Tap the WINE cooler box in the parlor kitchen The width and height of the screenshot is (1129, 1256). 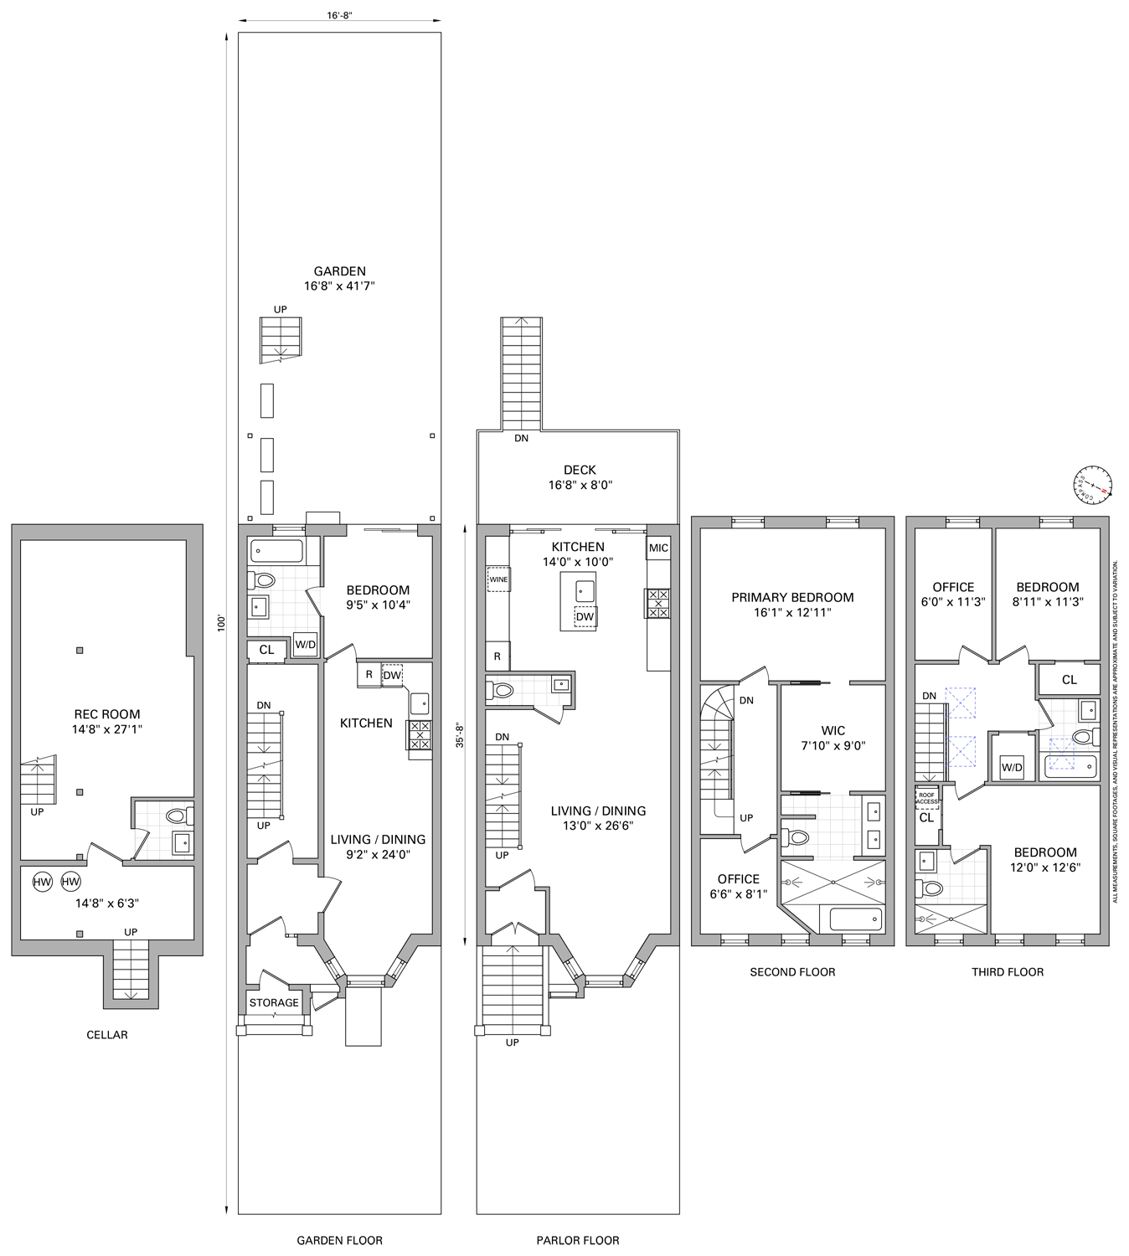click(498, 579)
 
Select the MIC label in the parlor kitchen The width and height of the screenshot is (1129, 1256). click(658, 548)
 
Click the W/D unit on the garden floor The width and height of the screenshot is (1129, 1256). click(305, 644)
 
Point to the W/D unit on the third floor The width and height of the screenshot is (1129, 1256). click(1012, 766)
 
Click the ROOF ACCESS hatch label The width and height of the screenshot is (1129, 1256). click(926, 797)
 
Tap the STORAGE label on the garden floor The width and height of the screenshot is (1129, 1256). click(274, 1002)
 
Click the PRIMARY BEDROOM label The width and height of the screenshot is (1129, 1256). click(792, 597)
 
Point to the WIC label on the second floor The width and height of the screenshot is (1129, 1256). click(833, 730)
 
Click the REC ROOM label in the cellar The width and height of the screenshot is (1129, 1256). click(107, 714)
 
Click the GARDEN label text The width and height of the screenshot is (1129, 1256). click(339, 271)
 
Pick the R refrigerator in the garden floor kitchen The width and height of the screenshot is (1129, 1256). click(368, 675)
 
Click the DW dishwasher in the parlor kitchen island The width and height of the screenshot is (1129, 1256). click(585, 617)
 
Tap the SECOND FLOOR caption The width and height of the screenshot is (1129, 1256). click(792, 972)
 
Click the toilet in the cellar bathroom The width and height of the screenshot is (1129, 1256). click(178, 815)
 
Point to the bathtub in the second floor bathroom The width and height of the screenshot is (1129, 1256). click(855, 919)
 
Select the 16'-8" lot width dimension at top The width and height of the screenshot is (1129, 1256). click(339, 14)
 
